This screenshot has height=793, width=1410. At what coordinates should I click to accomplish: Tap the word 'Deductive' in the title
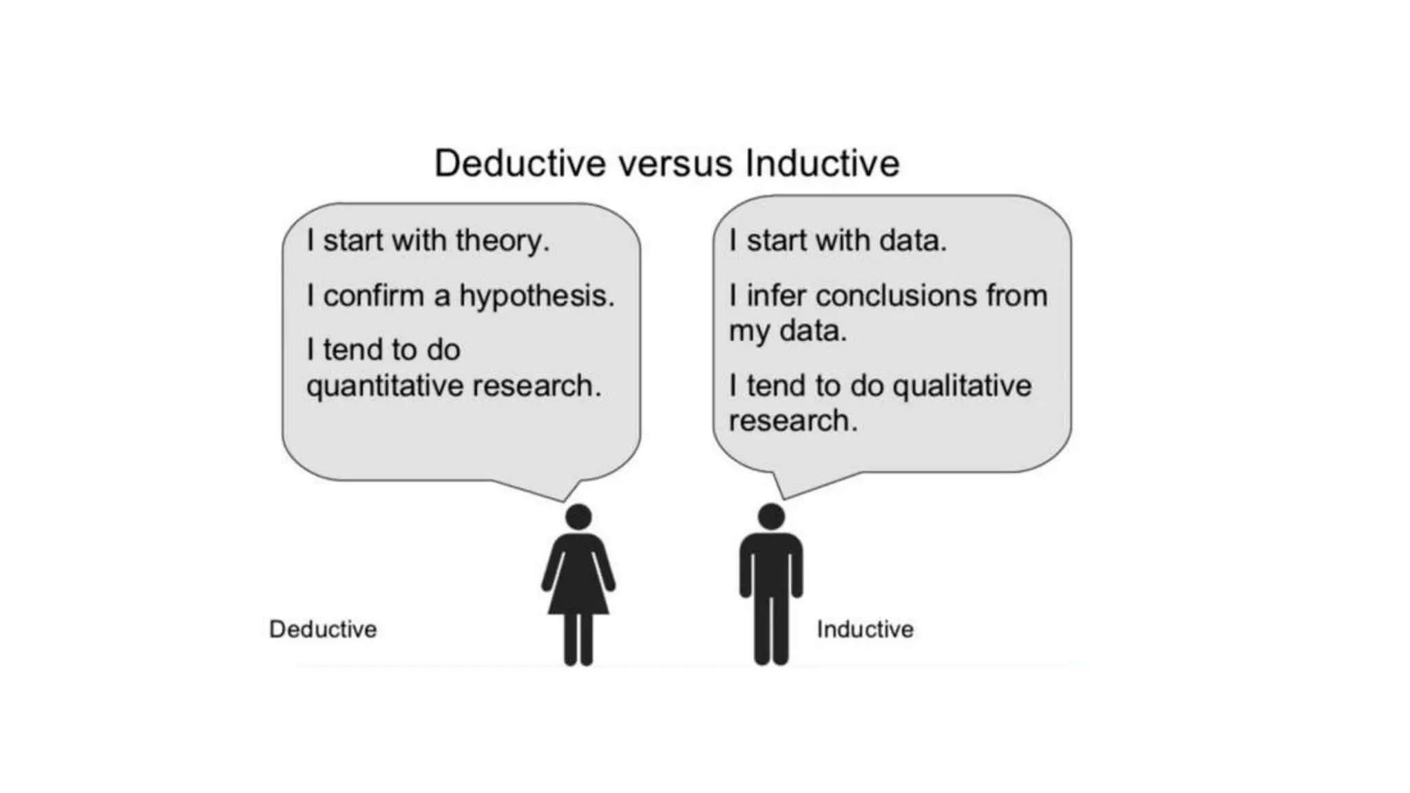520,164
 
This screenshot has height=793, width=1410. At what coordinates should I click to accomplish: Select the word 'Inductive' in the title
822,164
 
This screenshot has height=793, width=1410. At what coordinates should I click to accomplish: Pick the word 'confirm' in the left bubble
374,296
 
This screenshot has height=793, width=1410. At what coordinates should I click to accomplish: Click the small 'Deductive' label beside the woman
323,629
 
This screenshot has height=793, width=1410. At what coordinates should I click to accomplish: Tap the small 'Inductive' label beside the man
865,629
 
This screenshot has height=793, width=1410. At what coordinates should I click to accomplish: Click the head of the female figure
578,517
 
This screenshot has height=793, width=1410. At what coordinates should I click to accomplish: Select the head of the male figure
771,517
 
